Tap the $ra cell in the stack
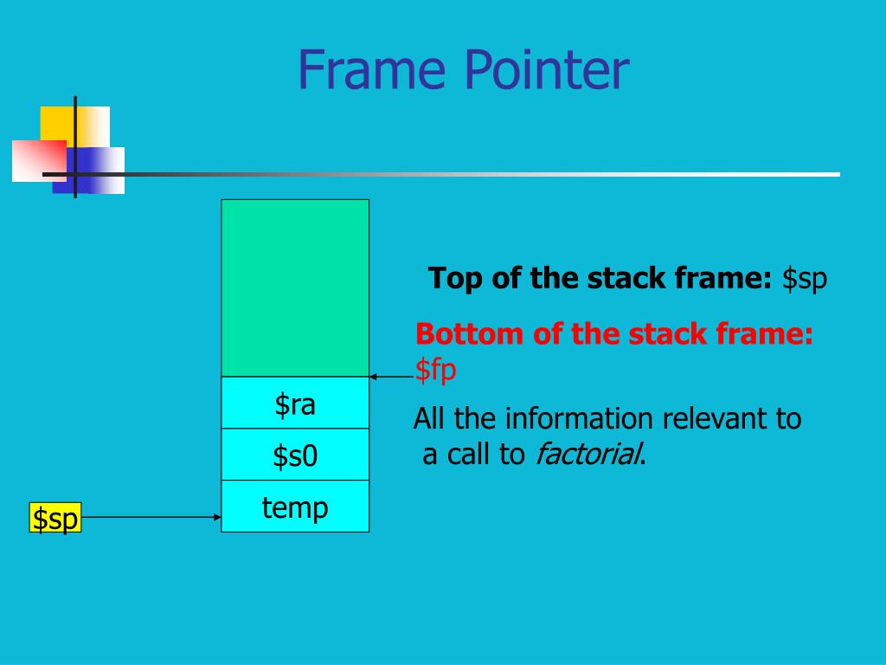[x=295, y=403]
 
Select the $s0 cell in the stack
[x=295, y=454]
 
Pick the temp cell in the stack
[x=295, y=506]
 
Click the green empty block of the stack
[x=295, y=287]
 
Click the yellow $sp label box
[x=55, y=518]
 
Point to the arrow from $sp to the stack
[x=151, y=517]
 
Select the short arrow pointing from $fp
[x=392, y=377]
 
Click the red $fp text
[x=435, y=370]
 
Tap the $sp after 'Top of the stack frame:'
[x=805, y=279]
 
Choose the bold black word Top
[x=455, y=279]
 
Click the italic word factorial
[x=587, y=454]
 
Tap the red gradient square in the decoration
[x=39, y=160]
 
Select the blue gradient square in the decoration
[x=89, y=171]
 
